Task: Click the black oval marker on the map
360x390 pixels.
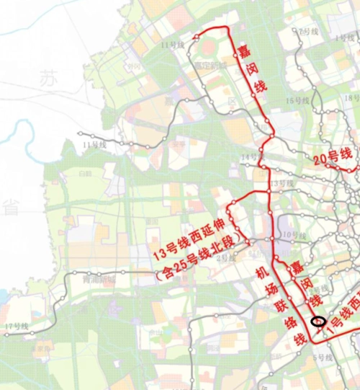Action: (318, 322)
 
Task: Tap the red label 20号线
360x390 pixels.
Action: (332, 154)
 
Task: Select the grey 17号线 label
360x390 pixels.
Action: (16, 327)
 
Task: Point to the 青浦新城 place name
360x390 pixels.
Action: (99, 279)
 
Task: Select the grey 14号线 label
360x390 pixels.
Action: (248, 156)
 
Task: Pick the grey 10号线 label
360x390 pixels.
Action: (289, 234)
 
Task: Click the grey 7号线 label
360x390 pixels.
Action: (308, 32)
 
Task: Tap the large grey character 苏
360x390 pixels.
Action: (50, 76)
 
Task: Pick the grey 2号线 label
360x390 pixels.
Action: (225, 257)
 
